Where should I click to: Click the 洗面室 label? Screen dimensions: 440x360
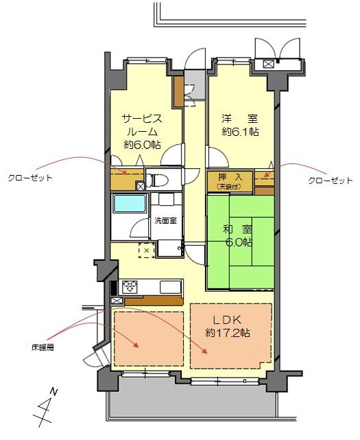tap(165, 221)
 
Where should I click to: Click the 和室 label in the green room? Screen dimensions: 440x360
tap(237, 230)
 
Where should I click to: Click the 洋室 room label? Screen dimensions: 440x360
tap(239, 117)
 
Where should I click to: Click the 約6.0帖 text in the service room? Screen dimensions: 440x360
tap(143, 145)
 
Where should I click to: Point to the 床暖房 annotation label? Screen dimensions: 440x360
tap(41, 348)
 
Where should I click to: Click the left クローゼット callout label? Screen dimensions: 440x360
tap(30, 177)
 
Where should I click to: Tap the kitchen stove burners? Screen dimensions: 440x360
tap(130, 286)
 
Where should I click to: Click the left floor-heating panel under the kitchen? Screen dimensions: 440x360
tap(149, 338)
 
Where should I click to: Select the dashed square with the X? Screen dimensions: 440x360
tap(145, 251)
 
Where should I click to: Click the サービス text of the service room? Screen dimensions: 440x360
tap(143, 117)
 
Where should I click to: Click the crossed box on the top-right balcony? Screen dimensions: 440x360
tap(267, 64)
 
